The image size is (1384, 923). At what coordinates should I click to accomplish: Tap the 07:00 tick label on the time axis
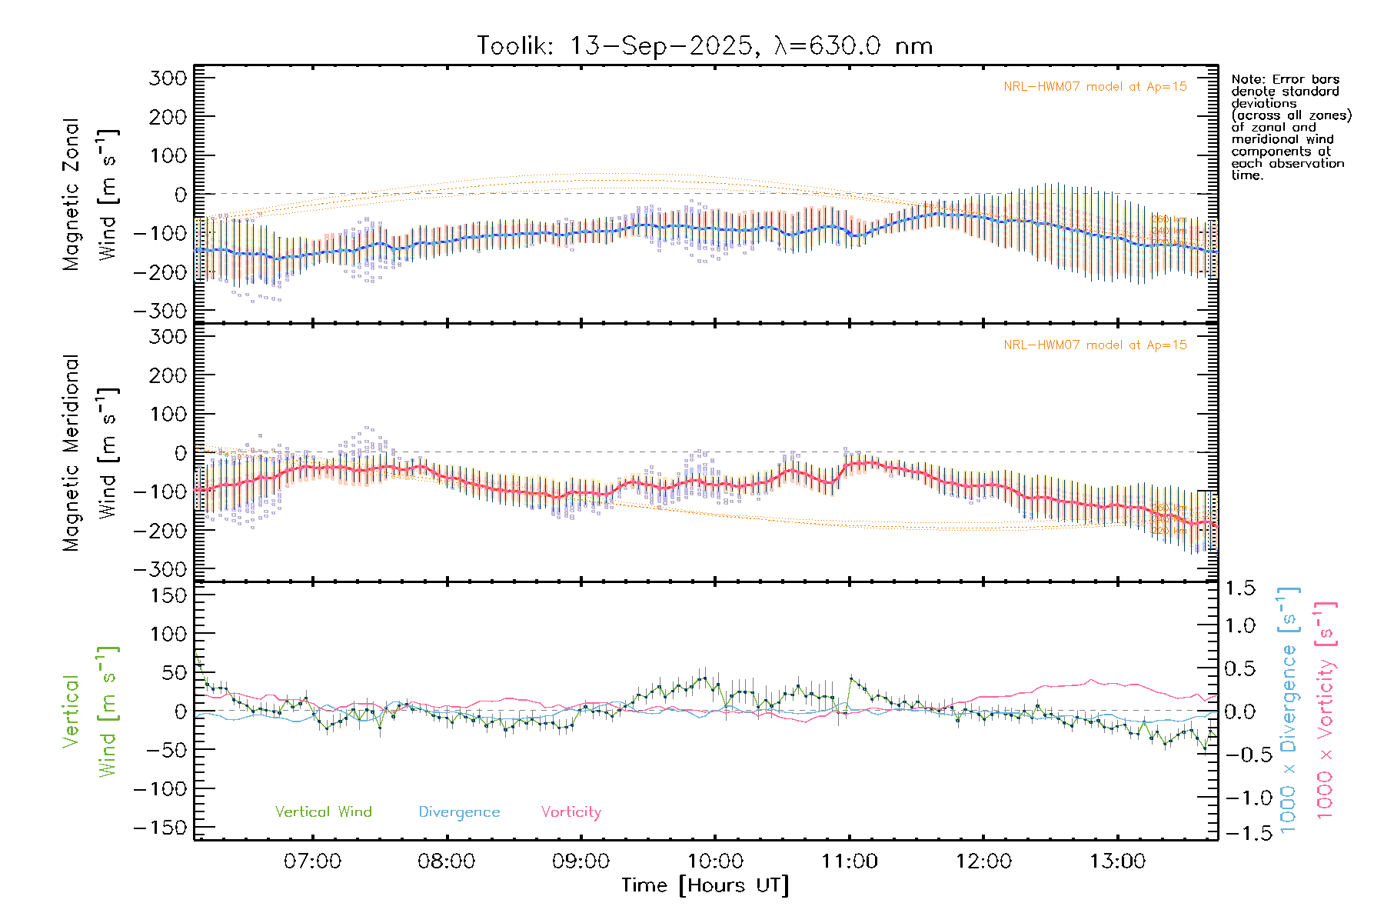pos(312,861)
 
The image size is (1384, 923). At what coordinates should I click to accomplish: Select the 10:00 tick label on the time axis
pos(715,861)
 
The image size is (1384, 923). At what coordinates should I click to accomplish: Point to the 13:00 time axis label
pos(1117,861)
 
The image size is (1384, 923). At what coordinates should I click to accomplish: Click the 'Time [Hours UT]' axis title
pos(705,885)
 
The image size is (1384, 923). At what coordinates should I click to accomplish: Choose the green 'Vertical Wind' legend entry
pos(323,811)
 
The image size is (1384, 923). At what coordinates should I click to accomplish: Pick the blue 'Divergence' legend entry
pos(459,811)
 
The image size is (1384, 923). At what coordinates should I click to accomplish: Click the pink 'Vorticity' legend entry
pos(571,811)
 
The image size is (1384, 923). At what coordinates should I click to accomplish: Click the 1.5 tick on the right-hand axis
pos(1239,588)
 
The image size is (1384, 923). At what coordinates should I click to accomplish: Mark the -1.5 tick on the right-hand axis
pos(1239,833)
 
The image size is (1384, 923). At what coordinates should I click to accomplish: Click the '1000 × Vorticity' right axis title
pos(1325,710)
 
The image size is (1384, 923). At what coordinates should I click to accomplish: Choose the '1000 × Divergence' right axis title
pos(1288,710)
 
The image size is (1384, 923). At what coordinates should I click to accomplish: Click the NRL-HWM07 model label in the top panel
pos(1095,86)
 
